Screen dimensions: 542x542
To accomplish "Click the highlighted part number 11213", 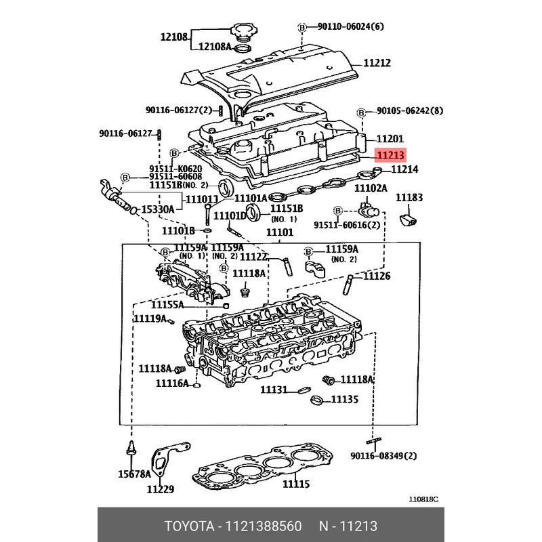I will (x=391, y=155).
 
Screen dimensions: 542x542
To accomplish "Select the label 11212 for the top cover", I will (x=377, y=63).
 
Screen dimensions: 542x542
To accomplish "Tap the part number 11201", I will (x=390, y=138).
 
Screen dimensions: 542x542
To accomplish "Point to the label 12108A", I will (x=214, y=47).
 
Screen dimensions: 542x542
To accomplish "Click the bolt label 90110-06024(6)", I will (x=350, y=27).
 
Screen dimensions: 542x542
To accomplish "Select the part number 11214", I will (x=404, y=169).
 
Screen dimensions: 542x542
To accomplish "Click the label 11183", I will (x=409, y=198).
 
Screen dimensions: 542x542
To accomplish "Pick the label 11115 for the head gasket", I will (x=296, y=484).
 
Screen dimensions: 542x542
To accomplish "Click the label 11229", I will (x=161, y=489).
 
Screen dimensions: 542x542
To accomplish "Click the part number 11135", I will (x=345, y=400).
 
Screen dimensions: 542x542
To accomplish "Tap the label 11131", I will (x=275, y=390).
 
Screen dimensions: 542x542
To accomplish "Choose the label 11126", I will (x=377, y=276).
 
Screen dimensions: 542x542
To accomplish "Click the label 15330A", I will (x=157, y=209).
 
